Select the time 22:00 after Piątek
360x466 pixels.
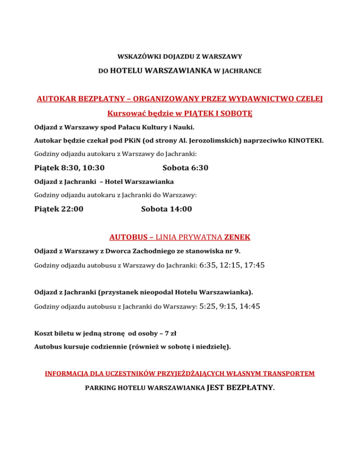coord(72,209)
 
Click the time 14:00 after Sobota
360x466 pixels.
coord(180,209)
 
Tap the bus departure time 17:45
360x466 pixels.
coord(255,265)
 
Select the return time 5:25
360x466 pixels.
coord(208,307)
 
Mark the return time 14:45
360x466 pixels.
coord(250,307)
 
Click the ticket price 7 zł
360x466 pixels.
coord(168,334)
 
